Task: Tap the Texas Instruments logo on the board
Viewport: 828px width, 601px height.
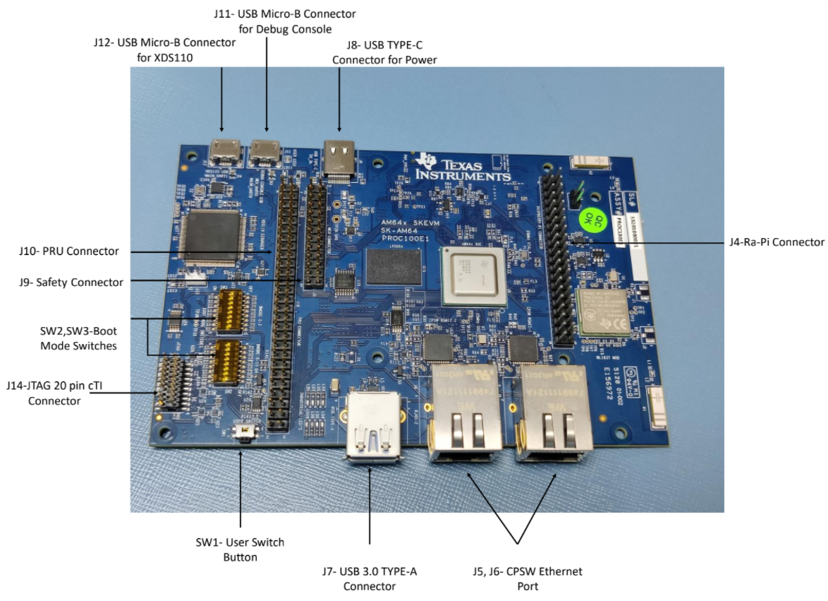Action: [462, 167]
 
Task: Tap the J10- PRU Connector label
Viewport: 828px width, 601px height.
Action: [69, 251]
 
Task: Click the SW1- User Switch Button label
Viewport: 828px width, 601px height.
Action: [240, 549]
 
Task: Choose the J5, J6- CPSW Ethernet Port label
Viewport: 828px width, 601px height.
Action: [518, 578]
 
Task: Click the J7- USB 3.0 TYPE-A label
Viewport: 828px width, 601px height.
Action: [370, 578]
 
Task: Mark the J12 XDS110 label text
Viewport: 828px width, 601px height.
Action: [164, 49]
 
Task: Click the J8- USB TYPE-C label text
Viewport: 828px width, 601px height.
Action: [384, 53]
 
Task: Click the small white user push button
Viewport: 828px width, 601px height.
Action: [245, 430]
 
